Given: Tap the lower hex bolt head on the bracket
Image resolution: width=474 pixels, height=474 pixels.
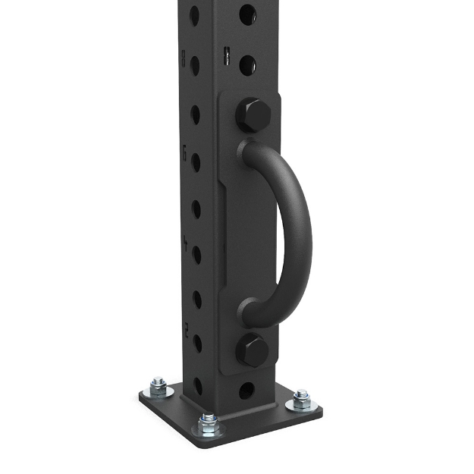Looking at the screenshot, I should [252, 350].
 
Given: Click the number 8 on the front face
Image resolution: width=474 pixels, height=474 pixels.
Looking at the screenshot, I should [227, 54].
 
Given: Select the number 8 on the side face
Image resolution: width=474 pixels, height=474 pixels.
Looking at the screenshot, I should [183, 55].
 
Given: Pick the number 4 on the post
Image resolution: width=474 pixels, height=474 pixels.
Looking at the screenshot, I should [184, 243].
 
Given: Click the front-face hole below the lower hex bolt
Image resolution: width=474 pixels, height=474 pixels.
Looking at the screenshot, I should [247, 391].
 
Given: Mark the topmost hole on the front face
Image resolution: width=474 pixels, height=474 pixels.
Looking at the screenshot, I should [248, 14].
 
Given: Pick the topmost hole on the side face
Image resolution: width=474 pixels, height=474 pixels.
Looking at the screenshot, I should [194, 15].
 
